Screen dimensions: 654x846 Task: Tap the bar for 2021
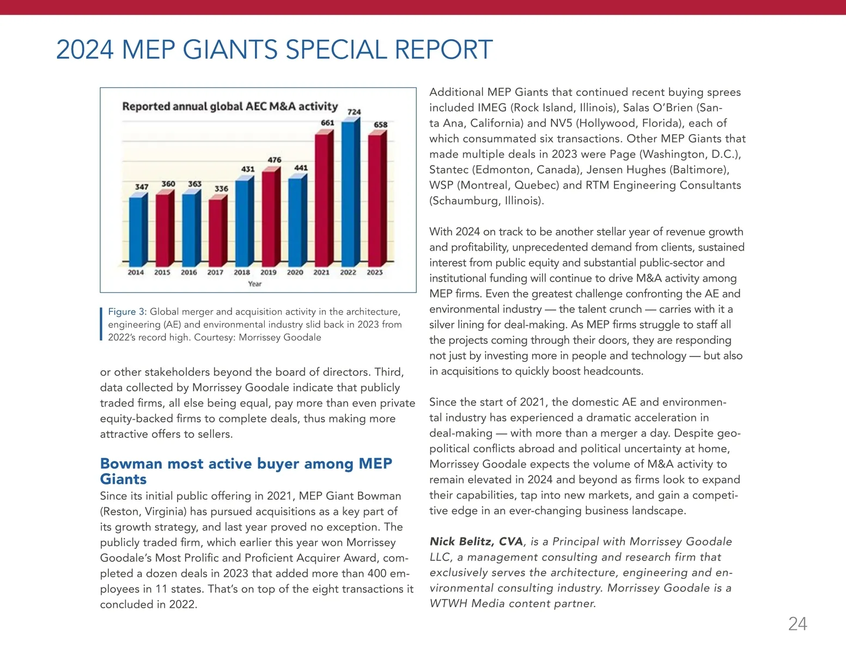tap(323, 199)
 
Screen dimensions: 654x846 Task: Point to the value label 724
tap(354, 112)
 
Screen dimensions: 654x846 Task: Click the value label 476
tap(275, 160)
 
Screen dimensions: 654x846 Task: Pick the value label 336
tap(221, 189)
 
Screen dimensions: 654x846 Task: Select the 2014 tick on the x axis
tap(136, 272)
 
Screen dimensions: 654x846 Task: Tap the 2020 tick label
tap(295, 272)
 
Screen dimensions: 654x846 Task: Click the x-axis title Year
tap(254, 284)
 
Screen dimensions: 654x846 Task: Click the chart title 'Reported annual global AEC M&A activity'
tap(230, 106)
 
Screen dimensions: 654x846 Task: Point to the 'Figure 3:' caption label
tap(127, 312)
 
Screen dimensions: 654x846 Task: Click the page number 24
tap(798, 624)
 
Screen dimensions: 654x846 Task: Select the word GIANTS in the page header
tap(230, 50)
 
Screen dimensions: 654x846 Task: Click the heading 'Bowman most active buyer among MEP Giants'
tap(246, 471)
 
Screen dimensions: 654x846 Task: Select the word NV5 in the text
tap(564, 123)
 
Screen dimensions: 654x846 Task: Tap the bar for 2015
tap(163, 228)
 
